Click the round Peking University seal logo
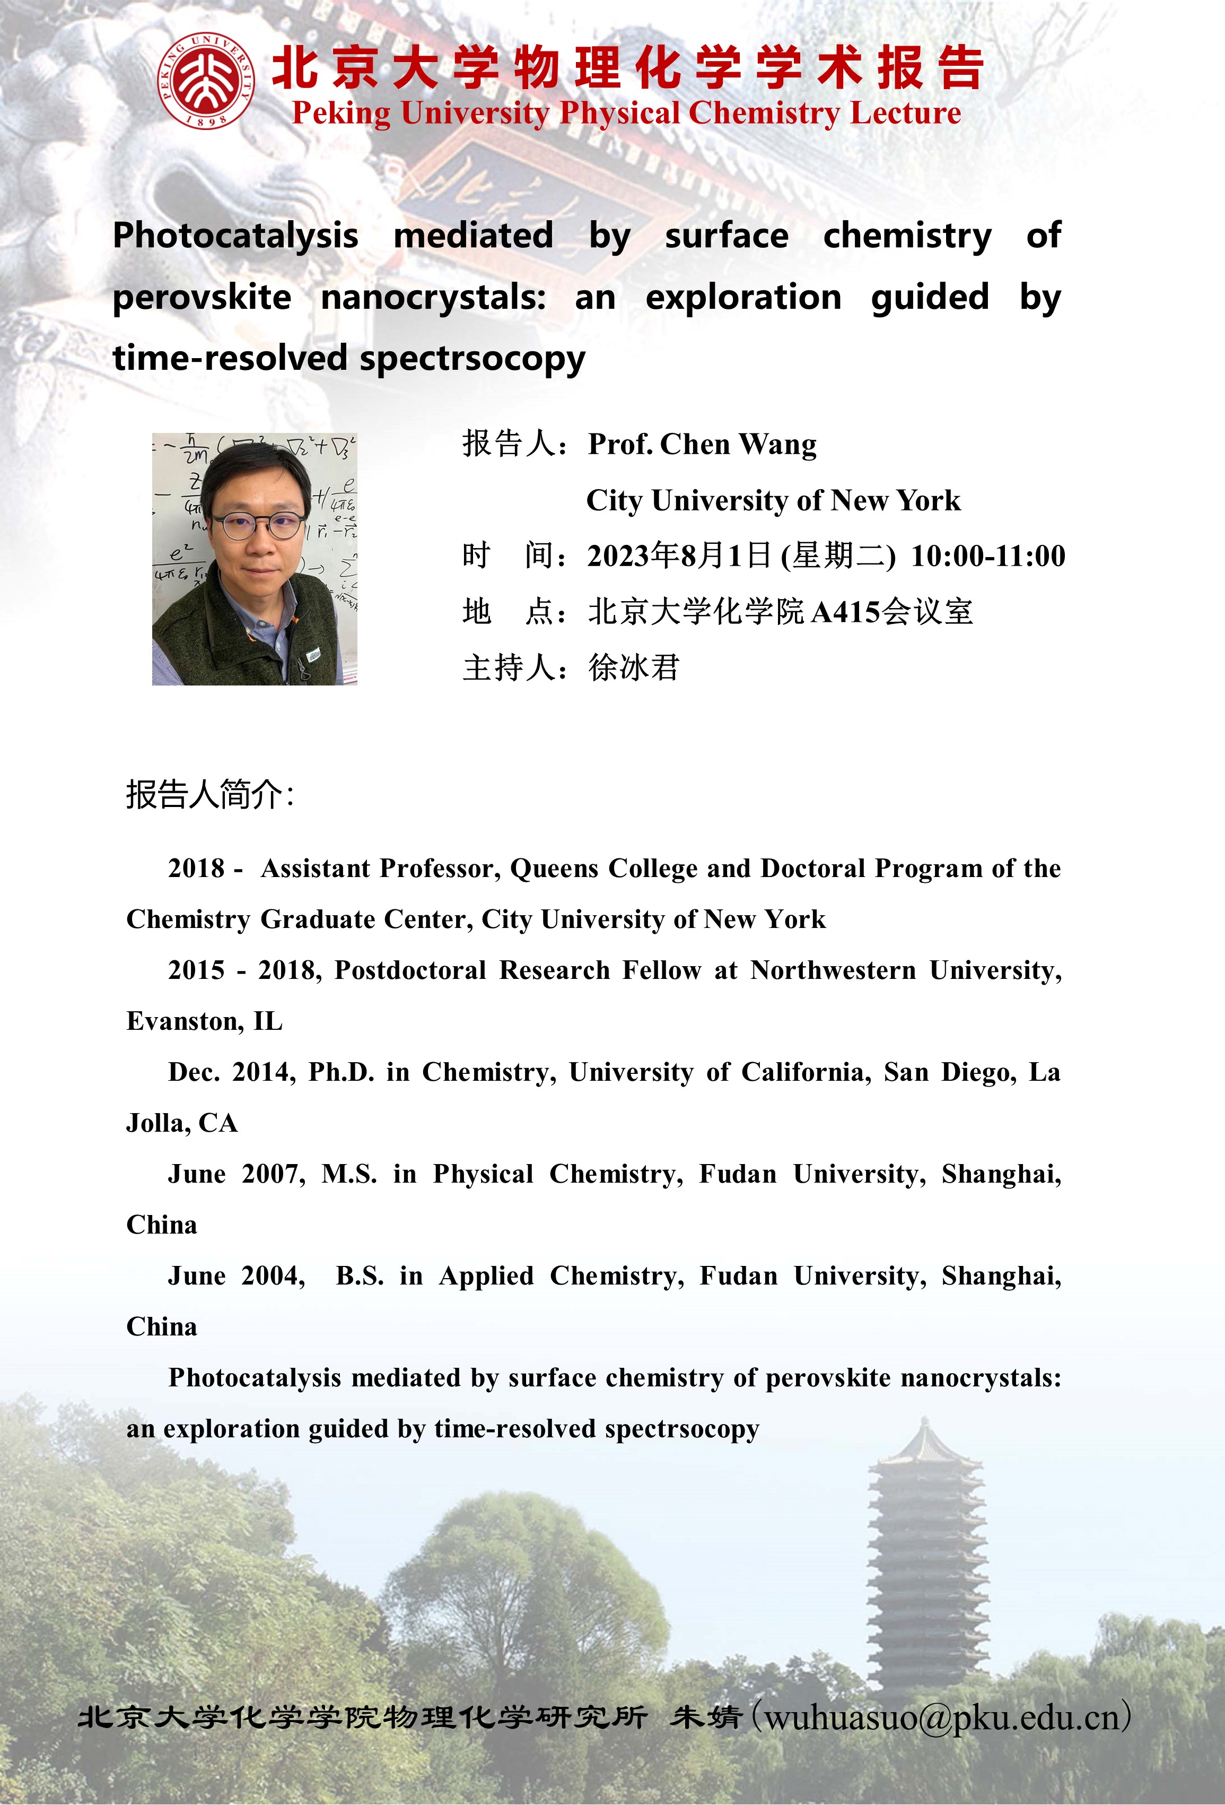(x=205, y=81)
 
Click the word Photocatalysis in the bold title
(x=235, y=236)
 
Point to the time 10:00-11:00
(x=987, y=556)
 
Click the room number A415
(x=846, y=613)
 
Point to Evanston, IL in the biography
(x=204, y=1021)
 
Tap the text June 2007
(x=236, y=1174)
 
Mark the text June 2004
(x=236, y=1275)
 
